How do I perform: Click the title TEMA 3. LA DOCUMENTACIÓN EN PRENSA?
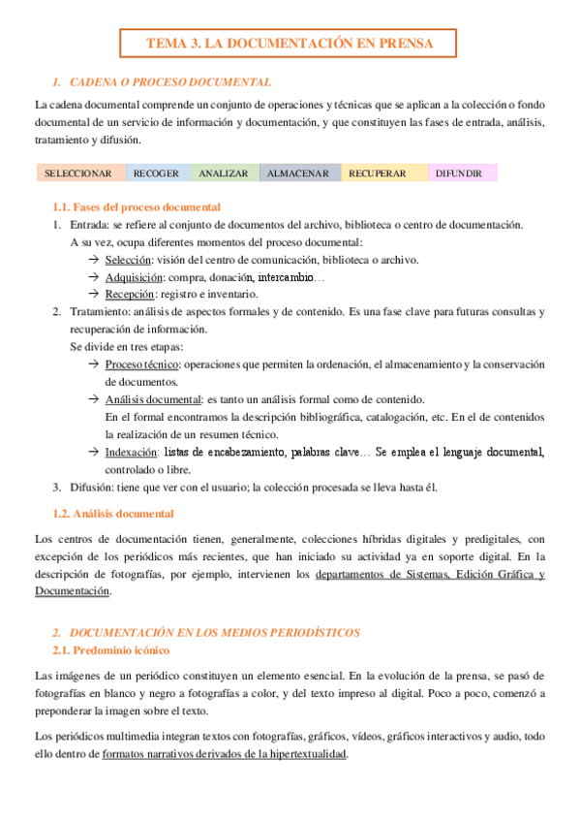[x=288, y=44]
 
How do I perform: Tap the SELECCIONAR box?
[x=80, y=174]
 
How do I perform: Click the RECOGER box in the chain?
[x=156, y=174]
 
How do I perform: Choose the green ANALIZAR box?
[x=223, y=174]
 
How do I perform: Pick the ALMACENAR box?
[x=299, y=174]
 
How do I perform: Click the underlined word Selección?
[x=128, y=260]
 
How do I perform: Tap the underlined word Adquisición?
[x=134, y=277]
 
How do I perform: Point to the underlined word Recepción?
[x=130, y=294]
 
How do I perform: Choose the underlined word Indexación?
[x=131, y=452]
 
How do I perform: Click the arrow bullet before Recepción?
[x=93, y=294]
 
